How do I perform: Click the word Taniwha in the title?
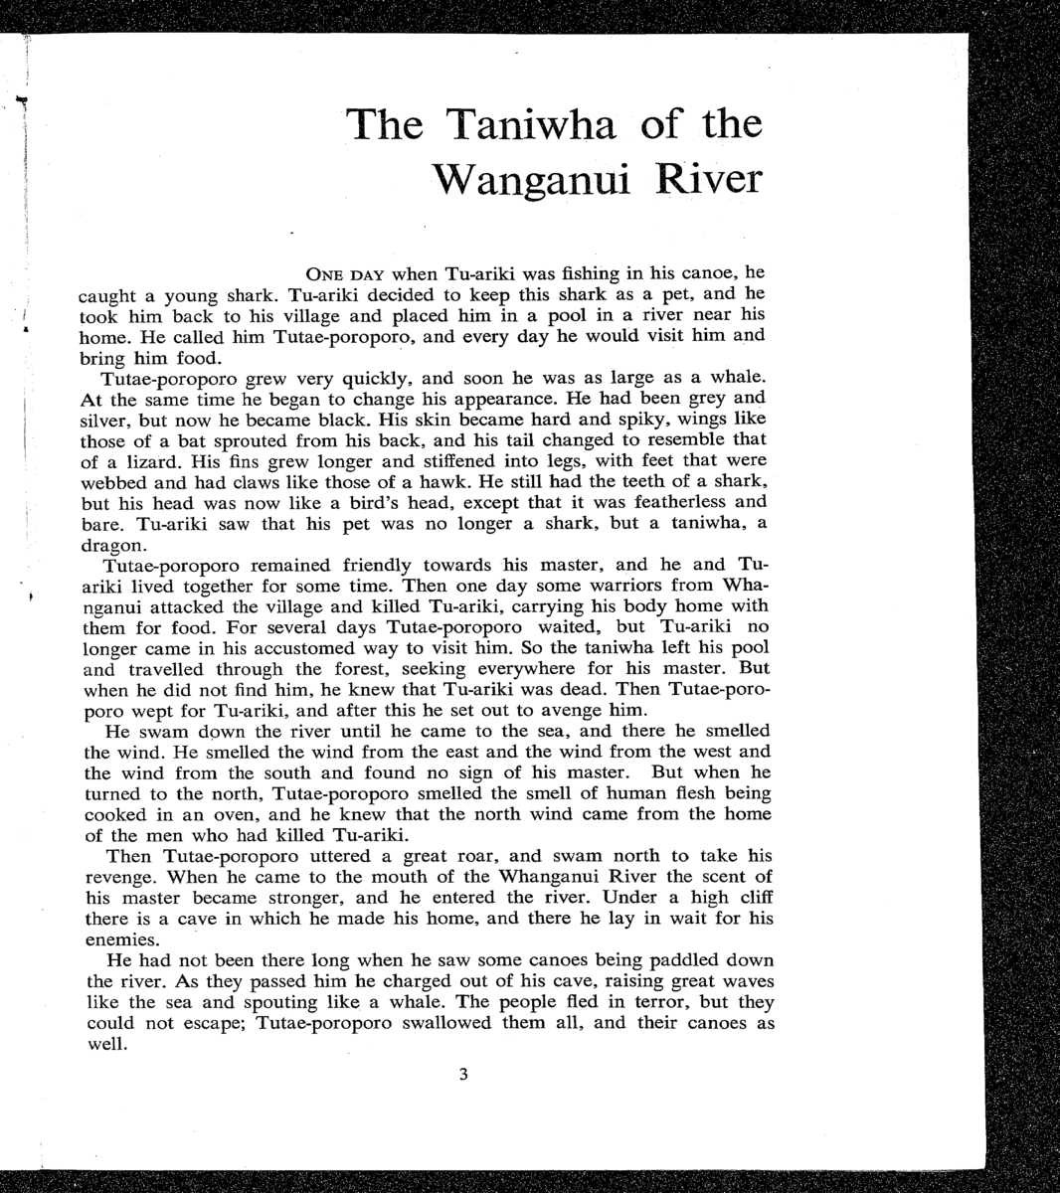click(x=531, y=125)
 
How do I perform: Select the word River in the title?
click(x=709, y=180)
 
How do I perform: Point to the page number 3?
click(x=463, y=1074)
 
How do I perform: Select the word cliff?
click(x=751, y=898)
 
